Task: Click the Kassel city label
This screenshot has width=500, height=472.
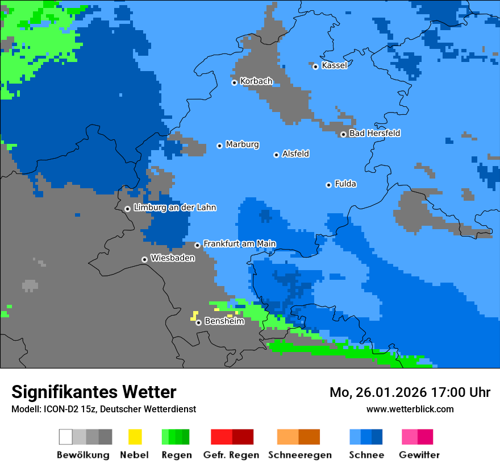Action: click(334, 65)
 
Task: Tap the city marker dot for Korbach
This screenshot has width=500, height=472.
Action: click(234, 82)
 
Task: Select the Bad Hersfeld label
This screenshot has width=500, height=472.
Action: click(374, 133)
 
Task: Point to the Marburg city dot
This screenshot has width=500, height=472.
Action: click(219, 146)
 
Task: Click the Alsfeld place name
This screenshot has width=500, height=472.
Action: click(295, 154)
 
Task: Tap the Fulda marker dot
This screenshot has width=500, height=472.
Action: click(328, 185)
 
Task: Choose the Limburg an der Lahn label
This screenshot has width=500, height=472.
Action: click(174, 208)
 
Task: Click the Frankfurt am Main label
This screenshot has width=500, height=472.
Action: click(239, 243)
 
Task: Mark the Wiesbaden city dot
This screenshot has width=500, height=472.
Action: click(144, 259)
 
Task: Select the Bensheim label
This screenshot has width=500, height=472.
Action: click(224, 321)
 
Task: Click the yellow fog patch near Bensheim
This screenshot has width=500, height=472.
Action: click(195, 315)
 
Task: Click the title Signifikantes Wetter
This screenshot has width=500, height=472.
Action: click(94, 392)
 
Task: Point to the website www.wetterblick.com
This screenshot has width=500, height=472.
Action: click(410, 409)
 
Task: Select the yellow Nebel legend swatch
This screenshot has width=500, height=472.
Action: click(135, 437)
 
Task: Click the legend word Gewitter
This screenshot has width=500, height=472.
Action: click(419, 455)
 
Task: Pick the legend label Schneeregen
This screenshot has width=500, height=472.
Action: click(299, 455)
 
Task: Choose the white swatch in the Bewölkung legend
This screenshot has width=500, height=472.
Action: click(65, 437)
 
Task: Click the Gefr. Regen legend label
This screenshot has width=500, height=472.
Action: click(231, 455)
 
